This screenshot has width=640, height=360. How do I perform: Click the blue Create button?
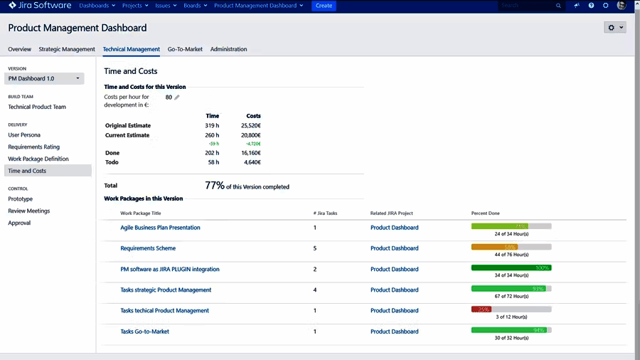[324, 6]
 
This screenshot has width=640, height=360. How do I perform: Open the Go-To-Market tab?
[185, 49]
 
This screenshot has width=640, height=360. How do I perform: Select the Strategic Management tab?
[67, 49]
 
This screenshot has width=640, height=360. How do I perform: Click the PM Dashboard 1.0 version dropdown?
[44, 78]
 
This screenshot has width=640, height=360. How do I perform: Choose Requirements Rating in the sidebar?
[33, 147]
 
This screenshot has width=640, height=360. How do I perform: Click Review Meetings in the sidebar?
[29, 211]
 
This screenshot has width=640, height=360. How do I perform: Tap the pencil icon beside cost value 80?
[177, 97]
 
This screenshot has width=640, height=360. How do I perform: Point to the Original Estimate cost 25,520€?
[251, 125]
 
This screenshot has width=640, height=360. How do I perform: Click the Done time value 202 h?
[212, 152]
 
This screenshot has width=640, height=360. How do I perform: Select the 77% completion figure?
[215, 186]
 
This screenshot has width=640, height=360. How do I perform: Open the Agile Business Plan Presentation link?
[160, 228]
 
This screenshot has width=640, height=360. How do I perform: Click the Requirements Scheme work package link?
[148, 248]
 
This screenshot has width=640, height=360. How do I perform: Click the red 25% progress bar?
[481, 309]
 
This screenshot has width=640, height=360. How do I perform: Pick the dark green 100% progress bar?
[511, 268]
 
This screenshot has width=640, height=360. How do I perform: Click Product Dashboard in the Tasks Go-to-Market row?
[394, 332]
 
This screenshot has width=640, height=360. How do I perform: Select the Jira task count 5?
[315, 248]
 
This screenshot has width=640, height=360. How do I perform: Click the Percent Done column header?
[485, 213]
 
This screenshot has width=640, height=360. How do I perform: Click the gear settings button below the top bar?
[614, 28]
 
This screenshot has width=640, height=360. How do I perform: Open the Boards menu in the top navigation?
[195, 6]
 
